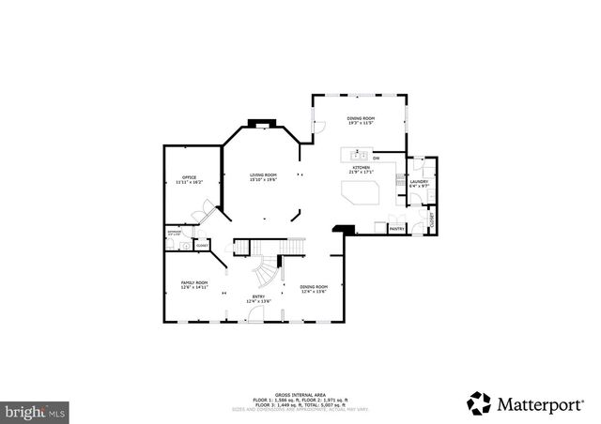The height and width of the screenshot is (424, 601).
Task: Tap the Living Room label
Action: click(263, 177)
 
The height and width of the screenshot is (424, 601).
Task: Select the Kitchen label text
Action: click(362, 170)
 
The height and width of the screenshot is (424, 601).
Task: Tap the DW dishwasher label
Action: click(376, 158)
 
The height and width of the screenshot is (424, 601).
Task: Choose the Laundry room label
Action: click(418, 184)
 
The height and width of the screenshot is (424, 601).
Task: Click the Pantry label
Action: click(396, 228)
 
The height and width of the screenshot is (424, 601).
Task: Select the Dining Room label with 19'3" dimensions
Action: click(361, 120)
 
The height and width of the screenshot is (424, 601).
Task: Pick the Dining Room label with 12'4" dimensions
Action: click(314, 289)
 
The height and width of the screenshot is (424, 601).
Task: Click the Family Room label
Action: click(194, 284)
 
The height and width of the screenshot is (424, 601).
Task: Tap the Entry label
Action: click(258, 299)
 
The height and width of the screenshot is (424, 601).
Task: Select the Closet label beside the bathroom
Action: click(202, 245)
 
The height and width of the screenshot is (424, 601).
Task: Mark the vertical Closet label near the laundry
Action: click(432, 221)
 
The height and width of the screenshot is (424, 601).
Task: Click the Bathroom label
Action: click(174, 232)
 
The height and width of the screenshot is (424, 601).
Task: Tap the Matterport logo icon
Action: click(479, 402)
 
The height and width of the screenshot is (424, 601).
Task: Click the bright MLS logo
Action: click(35, 410)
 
